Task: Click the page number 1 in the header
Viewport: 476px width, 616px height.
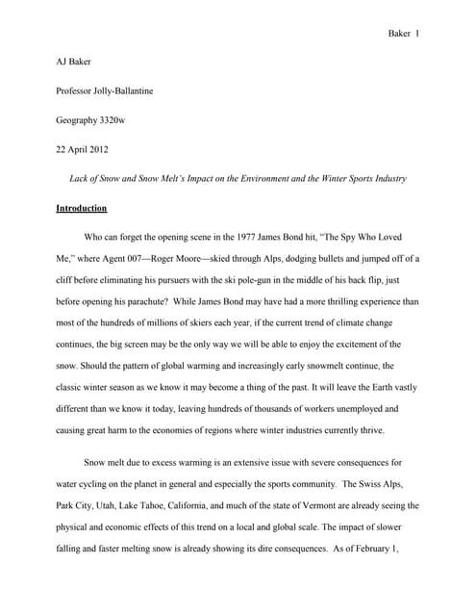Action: coord(417,34)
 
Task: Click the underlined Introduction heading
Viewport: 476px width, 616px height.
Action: coord(82,208)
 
